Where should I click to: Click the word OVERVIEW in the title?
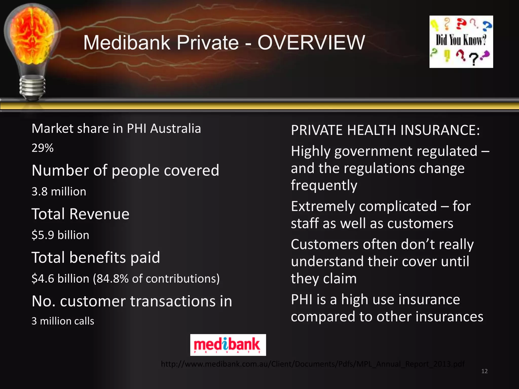click(x=311, y=43)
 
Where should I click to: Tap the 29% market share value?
click(x=42, y=148)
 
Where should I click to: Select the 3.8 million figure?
click(x=59, y=191)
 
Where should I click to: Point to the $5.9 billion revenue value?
click(x=60, y=235)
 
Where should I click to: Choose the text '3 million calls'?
click(x=63, y=321)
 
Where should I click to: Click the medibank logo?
click(x=228, y=345)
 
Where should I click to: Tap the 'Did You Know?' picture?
click(x=461, y=42)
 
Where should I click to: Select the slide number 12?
click(x=484, y=371)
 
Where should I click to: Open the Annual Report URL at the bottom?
click(x=313, y=364)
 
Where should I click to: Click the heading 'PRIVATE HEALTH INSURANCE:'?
click(x=385, y=130)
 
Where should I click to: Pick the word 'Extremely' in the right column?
click(x=326, y=206)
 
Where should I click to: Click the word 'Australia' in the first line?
click(x=175, y=129)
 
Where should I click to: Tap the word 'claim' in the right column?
click(x=340, y=279)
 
